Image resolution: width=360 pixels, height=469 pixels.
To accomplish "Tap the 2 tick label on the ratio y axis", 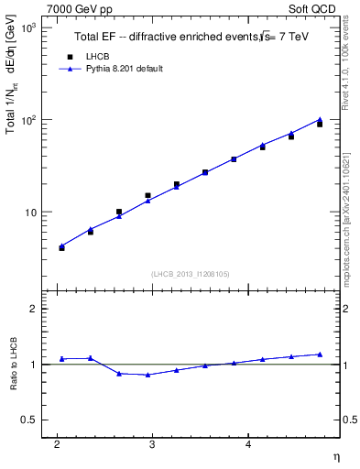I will pos(32,309).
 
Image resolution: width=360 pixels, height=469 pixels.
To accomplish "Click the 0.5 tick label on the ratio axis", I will pos(28,420).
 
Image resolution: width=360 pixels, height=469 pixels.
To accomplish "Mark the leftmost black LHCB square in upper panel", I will pos(61,247).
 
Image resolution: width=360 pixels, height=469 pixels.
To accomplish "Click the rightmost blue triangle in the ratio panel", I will pos(320,354).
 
